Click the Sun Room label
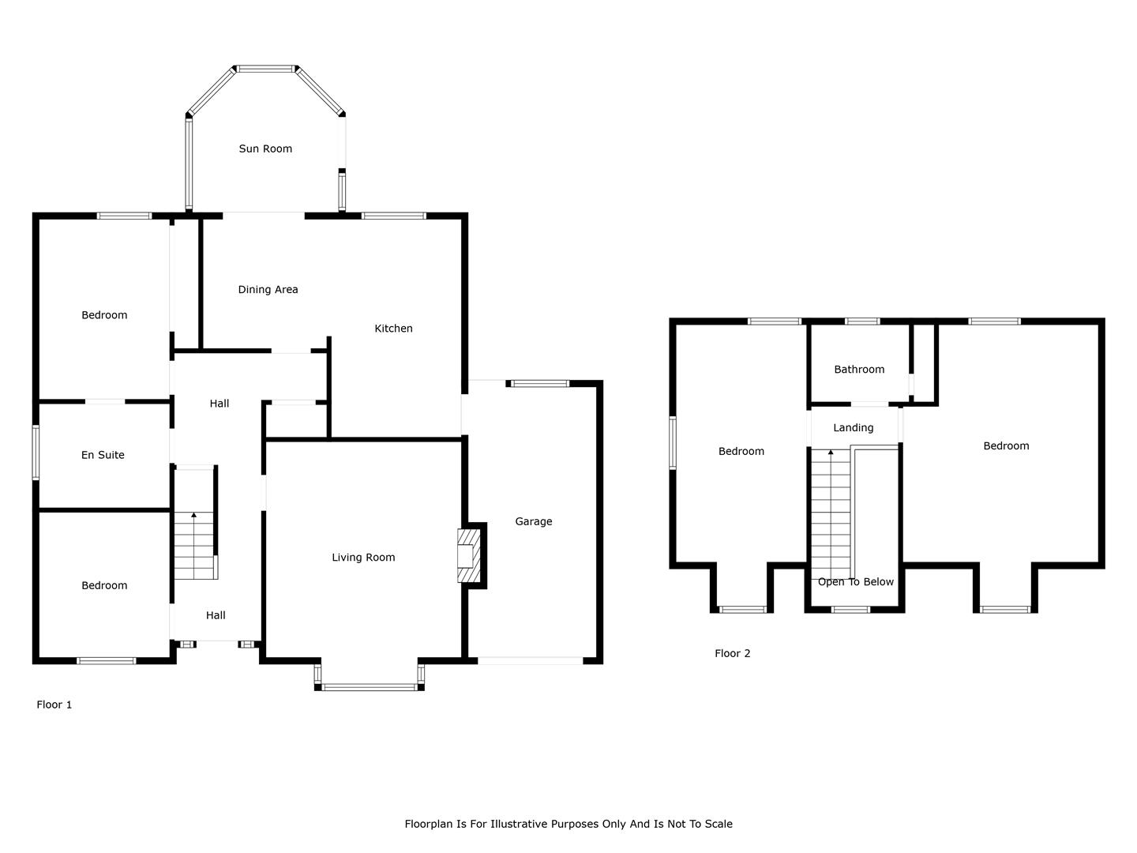click(265, 148)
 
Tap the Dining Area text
click(268, 290)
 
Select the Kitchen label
click(393, 329)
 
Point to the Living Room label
click(363, 558)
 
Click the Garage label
click(534, 521)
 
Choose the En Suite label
click(103, 455)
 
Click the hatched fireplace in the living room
click(469, 555)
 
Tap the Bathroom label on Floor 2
click(859, 370)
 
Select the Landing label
click(853, 428)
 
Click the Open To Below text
click(856, 581)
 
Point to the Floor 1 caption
click(54, 705)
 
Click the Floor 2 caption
click(733, 653)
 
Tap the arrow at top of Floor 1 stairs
click(193, 515)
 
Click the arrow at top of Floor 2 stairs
click(831, 453)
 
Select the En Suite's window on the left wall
click(36, 452)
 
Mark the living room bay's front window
click(370, 687)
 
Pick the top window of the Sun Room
click(266, 69)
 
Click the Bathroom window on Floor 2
click(862, 321)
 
